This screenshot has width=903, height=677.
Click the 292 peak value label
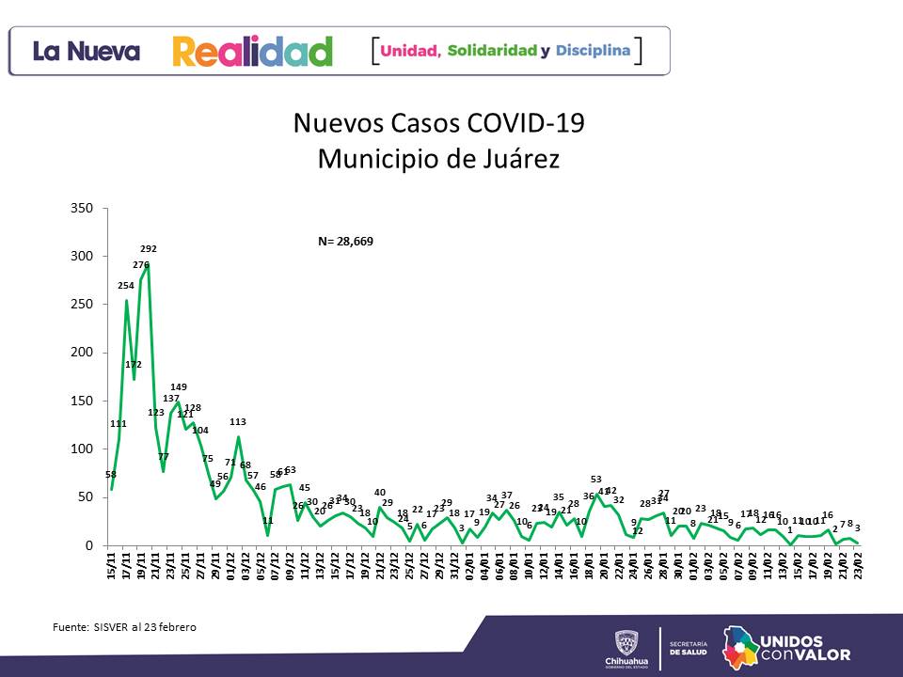(149, 249)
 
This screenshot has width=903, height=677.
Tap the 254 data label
(126, 285)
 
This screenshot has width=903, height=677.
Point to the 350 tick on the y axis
(82, 208)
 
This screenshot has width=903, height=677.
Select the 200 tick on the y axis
(82, 353)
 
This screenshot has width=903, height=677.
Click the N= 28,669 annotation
(345, 242)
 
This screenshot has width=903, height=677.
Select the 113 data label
(238, 422)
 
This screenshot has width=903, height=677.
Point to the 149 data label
(179, 387)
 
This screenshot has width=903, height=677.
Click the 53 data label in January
(596, 480)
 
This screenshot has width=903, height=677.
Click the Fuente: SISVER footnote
(124, 626)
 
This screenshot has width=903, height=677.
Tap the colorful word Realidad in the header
(252, 51)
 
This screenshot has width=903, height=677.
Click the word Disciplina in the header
(593, 50)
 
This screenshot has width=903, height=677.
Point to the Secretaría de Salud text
(688, 649)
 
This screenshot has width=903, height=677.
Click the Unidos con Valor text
(802, 648)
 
